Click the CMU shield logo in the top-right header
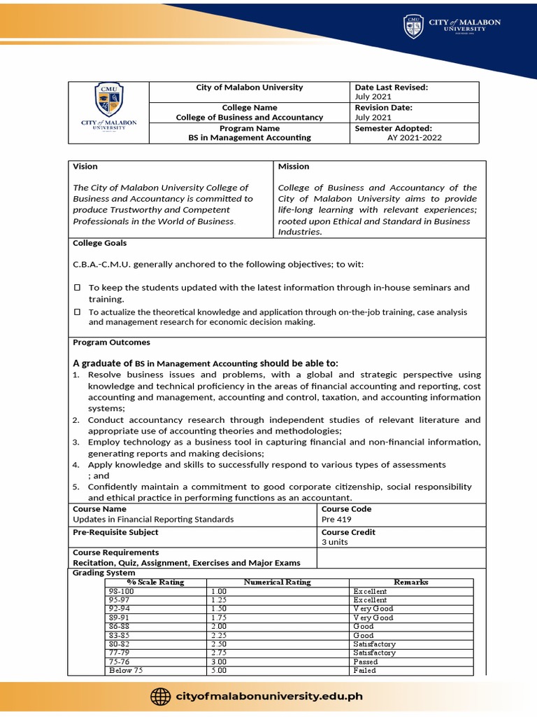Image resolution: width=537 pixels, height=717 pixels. (x=413, y=27)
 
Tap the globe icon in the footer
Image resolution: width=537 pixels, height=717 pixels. (x=161, y=696)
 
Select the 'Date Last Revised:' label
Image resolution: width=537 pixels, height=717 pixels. (x=391, y=88)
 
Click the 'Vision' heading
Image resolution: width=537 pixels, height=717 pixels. (x=85, y=167)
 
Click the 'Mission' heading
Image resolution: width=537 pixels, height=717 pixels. (x=293, y=167)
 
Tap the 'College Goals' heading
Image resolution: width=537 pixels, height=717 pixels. (x=100, y=243)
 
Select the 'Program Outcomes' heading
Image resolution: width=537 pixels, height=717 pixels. (x=111, y=342)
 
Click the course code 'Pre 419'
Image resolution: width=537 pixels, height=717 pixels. (x=337, y=520)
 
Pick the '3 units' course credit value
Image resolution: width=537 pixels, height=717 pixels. (x=334, y=542)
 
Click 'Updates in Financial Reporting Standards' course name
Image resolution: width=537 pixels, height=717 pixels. (x=153, y=520)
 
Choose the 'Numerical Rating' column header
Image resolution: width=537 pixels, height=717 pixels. (x=277, y=582)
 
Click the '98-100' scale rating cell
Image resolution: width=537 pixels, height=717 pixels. (x=121, y=592)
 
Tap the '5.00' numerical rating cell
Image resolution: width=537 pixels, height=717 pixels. (x=219, y=670)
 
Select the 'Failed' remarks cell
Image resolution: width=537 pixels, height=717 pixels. (x=364, y=670)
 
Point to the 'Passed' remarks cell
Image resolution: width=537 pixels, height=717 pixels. (x=365, y=662)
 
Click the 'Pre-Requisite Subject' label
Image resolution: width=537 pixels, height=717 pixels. (x=115, y=532)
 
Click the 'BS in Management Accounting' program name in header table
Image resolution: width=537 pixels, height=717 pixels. (x=250, y=138)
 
